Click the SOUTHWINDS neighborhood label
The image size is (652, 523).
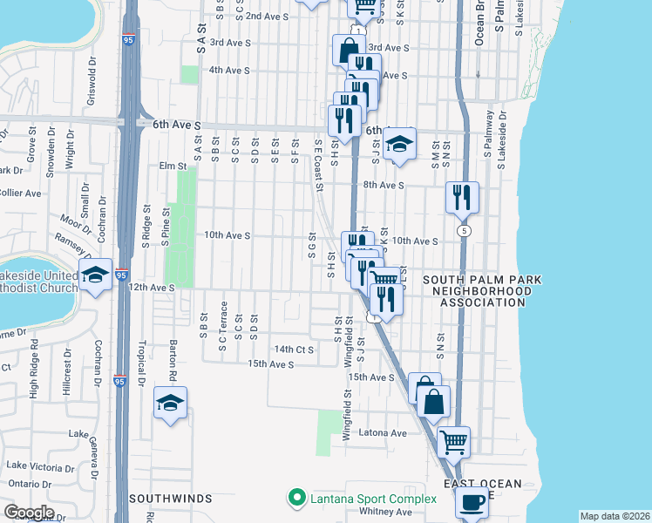[x=171, y=499]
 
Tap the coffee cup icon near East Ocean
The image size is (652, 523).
[x=472, y=502]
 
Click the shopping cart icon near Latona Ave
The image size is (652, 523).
[x=454, y=441]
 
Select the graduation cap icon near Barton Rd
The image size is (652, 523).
[x=170, y=403]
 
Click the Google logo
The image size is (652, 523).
[x=28, y=513]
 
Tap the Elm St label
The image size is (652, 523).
[x=173, y=166]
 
